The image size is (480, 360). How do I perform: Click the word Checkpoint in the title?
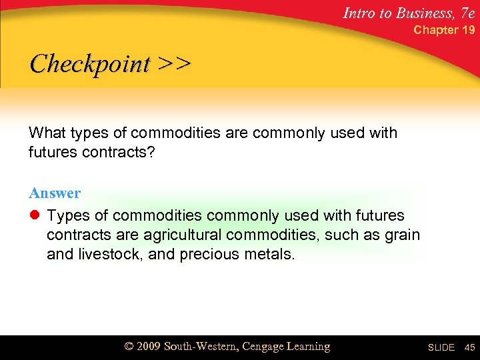(x=90, y=64)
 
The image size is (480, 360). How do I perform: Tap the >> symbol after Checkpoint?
(x=175, y=64)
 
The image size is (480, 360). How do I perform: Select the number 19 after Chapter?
(x=468, y=30)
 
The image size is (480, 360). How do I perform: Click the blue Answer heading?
(x=55, y=193)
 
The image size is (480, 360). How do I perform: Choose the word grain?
(x=401, y=235)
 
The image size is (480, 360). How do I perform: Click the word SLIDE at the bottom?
(x=441, y=348)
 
